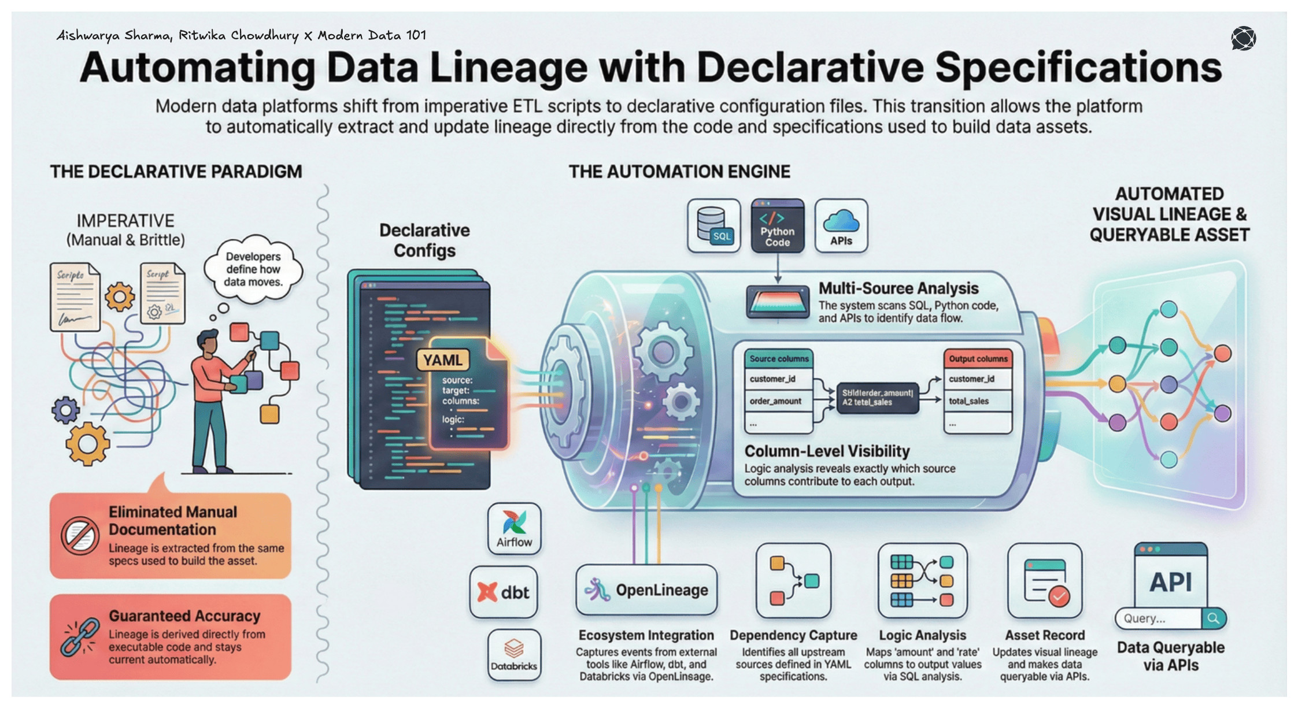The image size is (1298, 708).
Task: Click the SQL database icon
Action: click(713, 225)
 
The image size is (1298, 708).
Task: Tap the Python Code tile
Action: click(778, 226)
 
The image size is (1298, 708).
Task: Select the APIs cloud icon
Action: click(841, 226)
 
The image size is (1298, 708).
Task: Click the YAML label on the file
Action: click(442, 360)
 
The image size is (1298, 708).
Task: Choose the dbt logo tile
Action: click(504, 592)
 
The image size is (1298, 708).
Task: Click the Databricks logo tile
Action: click(514, 654)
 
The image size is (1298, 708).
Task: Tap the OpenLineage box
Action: click(646, 590)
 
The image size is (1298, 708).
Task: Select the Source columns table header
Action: click(778, 359)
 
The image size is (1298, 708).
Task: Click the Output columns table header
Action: click(978, 359)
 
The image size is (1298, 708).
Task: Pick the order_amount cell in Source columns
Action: click(775, 401)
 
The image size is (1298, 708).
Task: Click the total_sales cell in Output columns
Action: click(968, 401)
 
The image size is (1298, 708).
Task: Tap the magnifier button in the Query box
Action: click(1214, 618)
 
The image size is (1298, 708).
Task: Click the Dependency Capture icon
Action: click(793, 580)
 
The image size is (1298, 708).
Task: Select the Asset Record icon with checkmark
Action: click(1045, 580)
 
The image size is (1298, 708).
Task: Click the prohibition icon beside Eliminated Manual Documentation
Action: click(80, 536)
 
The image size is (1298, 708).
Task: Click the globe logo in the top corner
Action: click(1243, 39)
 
